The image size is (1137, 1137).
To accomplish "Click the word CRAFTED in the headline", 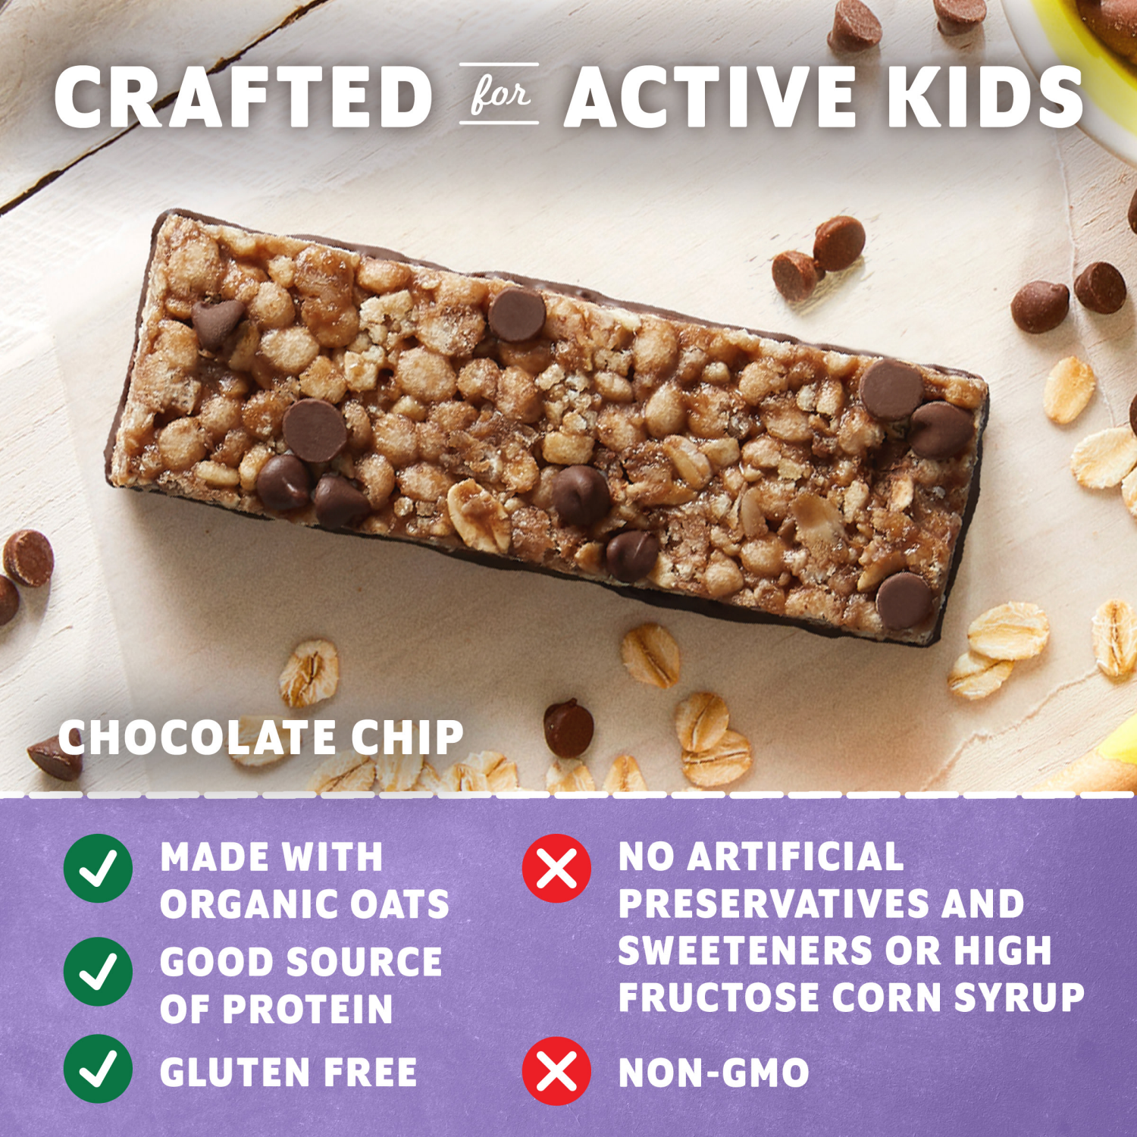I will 243,97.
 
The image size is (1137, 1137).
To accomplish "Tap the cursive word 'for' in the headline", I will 499,95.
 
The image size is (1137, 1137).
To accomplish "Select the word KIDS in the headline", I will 985,97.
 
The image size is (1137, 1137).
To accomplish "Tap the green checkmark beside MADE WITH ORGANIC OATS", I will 99,868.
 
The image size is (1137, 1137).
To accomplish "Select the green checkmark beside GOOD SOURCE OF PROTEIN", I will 99,971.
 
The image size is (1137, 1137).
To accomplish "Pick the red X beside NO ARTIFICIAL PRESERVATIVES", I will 556,868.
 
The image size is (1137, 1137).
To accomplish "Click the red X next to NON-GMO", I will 556,1071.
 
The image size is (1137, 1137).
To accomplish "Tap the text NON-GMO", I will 713,1073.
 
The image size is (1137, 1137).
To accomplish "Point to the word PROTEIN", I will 307,1009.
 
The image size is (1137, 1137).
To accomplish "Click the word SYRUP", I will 1019,997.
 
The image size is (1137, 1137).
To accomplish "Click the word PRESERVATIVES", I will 773,904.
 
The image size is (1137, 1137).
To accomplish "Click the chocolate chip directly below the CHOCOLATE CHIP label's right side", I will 568,728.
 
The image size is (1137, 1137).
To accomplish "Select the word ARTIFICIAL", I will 795,857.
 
